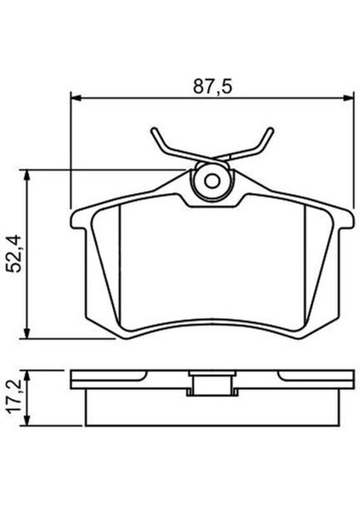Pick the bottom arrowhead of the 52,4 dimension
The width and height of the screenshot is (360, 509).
click(x=31, y=333)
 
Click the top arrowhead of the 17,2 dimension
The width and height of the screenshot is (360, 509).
click(x=31, y=373)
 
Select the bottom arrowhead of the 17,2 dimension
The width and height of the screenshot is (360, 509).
click(x=31, y=422)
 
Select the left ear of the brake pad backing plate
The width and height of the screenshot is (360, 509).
click(x=78, y=223)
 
